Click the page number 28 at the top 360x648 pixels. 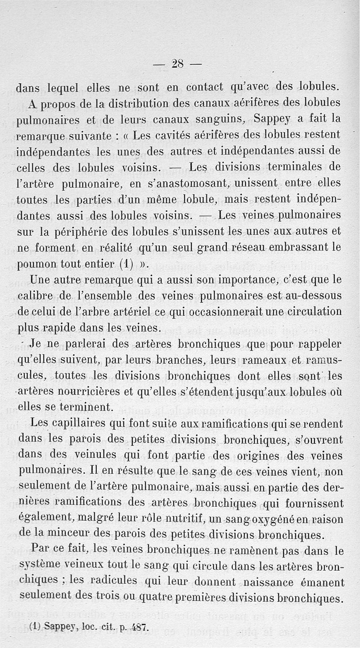[177, 64]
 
